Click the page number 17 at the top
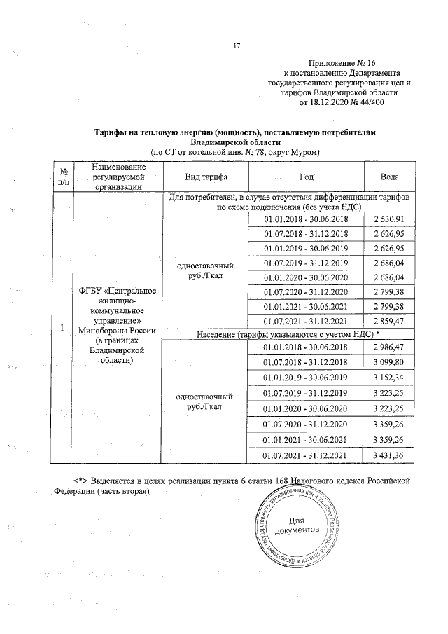[x=236, y=46]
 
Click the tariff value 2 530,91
[x=389, y=219]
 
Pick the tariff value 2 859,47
[x=389, y=322]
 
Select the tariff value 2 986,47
[x=389, y=347]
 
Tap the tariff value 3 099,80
[x=389, y=362]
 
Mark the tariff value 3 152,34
[x=389, y=378]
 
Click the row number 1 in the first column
[x=63, y=328]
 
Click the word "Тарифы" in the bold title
[x=111, y=131]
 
